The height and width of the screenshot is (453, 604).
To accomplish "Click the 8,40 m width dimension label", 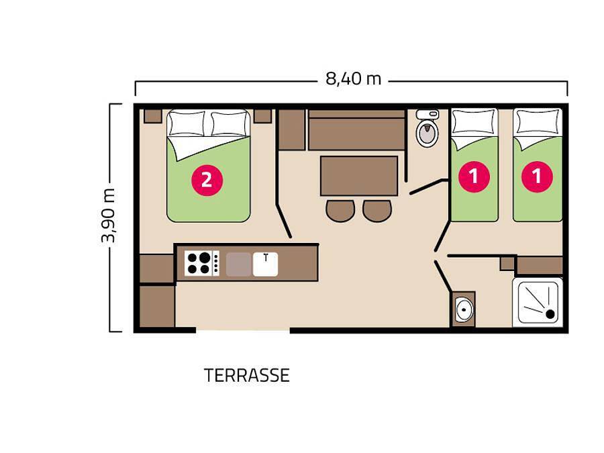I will pos(353,79).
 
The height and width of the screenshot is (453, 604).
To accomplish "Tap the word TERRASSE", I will pos(246,376).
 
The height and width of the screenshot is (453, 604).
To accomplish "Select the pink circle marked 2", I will pos(206,179).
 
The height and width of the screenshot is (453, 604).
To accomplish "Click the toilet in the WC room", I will pos(426,130).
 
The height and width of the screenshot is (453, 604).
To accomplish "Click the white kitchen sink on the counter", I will pos(266,264).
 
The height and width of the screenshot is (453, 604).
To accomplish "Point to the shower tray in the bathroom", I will pos(537,302).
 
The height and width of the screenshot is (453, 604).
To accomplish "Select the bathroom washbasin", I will pos(463,309).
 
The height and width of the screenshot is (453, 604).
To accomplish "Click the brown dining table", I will pos(358,175).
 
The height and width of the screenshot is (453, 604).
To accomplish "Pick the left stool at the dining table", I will pos(340,210).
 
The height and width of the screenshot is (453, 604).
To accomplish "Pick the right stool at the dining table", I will pos(376,210).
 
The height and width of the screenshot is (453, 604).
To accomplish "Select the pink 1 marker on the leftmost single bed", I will pos(474,177).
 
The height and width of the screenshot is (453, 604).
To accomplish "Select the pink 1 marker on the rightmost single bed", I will pos(538,177).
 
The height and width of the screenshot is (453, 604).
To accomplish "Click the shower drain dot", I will pos(550,313).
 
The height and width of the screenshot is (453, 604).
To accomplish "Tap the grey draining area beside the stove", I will pos(238,264).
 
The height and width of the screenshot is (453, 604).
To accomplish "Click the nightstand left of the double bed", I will pos(153,115).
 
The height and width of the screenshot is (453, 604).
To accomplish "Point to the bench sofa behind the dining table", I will pos(356,130).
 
